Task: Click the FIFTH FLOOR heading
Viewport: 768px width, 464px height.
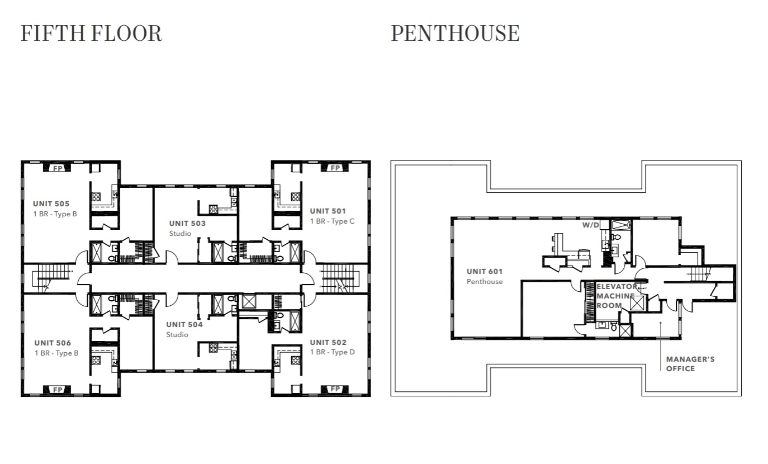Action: click(92, 33)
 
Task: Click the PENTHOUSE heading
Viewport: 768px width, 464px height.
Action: click(455, 33)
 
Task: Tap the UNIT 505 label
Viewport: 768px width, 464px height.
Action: click(51, 203)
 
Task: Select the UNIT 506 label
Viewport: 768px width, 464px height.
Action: click(53, 343)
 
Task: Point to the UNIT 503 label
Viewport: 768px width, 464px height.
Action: click(187, 223)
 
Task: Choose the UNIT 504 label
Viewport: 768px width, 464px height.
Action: click(184, 324)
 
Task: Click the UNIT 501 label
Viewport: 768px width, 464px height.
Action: click(328, 211)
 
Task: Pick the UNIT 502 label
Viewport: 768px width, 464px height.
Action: click(328, 342)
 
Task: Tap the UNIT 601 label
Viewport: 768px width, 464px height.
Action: click(485, 272)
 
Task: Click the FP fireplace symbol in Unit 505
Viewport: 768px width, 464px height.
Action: click(57, 168)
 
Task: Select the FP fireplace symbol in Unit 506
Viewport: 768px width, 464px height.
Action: click(57, 389)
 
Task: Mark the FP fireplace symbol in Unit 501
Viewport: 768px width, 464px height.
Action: click(335, 168)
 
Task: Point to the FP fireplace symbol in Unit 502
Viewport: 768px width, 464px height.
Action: click(335, 389)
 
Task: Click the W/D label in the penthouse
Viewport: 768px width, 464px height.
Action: click(590, 225)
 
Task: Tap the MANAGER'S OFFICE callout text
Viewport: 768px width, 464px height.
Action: click(690, 364)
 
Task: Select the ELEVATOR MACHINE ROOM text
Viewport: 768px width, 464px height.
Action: click(616, 296)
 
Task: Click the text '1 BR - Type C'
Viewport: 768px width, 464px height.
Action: click(332, 221)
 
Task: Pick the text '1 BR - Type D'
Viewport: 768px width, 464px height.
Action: click(332, 352)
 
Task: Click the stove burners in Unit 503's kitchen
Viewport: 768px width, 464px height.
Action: click(214, 209)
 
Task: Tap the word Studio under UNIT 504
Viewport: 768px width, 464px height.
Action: click(177, 335)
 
